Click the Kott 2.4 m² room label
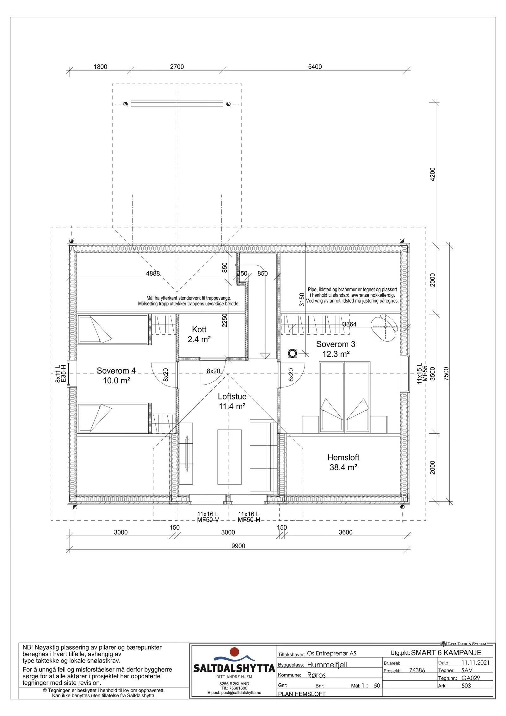click(x=199, y=335)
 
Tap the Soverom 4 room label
click(x=116, y=375)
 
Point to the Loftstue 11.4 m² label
click(x=232, y=401)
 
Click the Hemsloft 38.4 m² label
click(x=343, y=462)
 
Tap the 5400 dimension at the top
click(x=315, y=67)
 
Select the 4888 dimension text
click(x=153, y=273)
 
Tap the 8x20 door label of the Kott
click(x=213, y=371)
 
